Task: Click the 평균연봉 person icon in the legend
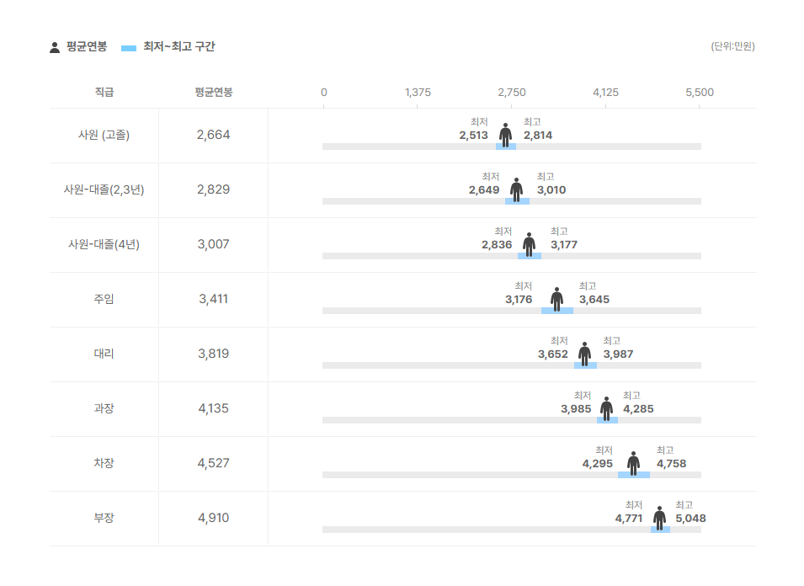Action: click(55, 47)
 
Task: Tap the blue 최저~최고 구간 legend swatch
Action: click(129, 48)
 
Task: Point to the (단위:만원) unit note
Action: click(732, 46)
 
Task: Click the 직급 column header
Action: click(104, 92)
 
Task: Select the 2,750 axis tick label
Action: click(512, 92)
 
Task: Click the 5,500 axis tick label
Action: click(700, 92)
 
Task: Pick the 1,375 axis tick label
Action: click(418, 92)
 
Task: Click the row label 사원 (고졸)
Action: click(104, 135)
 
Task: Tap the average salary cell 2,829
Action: click(213, 189)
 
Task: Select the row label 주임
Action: click(104, 299)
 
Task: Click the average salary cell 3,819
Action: click(213, 354)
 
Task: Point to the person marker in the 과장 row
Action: click(606, 408)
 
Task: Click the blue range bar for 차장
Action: click(633, 475)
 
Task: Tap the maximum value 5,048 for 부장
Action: click(690, 519)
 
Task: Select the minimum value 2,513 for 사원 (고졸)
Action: click(474, 136)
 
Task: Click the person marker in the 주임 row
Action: click(556, 299)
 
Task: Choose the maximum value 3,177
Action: click(564, 245)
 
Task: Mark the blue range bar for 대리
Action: click(585, 365)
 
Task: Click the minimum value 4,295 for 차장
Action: click(598, 464)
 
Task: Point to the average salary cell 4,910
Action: click(213, 518)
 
